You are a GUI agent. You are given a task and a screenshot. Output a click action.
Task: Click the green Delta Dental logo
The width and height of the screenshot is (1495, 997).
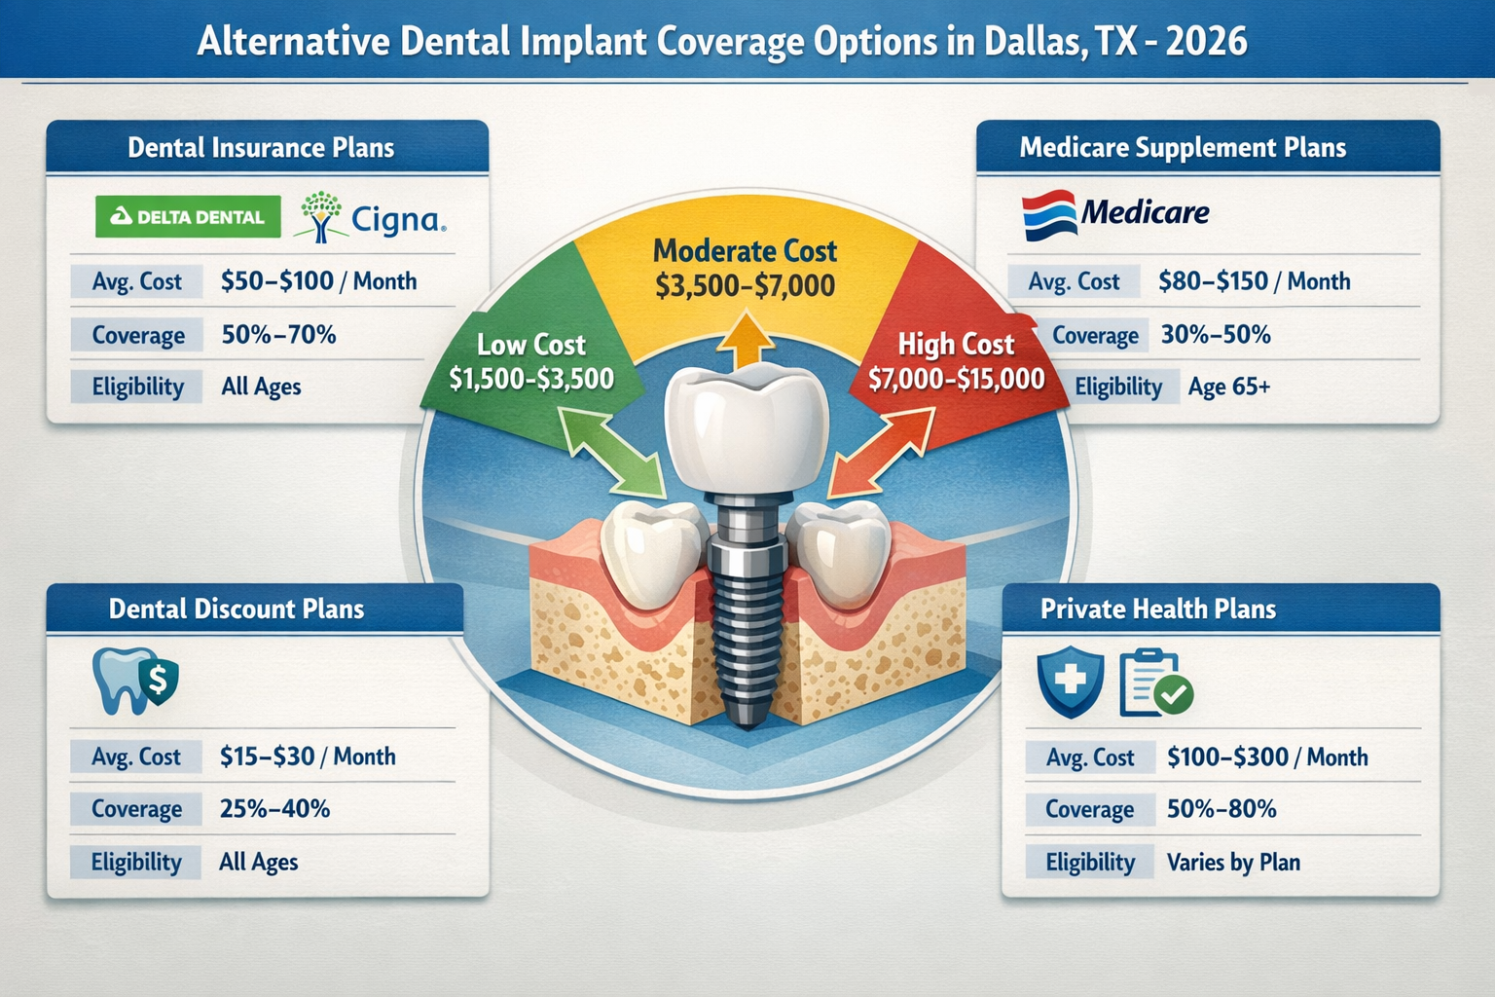click(x=188, y=217)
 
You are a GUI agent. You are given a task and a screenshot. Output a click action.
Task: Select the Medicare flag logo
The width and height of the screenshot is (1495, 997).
click(x=1049, y=213)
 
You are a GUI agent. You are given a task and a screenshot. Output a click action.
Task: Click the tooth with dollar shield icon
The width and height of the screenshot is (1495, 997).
click(x=134, y=681)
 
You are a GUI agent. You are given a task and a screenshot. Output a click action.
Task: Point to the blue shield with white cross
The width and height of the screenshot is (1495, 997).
click(x=1071, y=683)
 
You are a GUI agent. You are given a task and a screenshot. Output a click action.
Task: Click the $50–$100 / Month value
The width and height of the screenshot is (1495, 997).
click(x=318, y=281)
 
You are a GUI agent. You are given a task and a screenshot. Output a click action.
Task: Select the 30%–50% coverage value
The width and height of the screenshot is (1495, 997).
click(x=1216, y=335)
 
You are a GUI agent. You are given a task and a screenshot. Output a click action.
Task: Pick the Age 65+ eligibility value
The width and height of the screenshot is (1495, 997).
click(x=1228, y=387)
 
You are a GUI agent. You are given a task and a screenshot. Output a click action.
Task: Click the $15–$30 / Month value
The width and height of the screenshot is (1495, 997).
click(x=308, y=757)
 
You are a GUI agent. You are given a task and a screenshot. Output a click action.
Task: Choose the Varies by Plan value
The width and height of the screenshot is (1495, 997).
click(x=1233, y=862)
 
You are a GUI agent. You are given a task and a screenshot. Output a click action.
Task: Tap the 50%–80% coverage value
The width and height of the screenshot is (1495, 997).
click(x=1222, y=809)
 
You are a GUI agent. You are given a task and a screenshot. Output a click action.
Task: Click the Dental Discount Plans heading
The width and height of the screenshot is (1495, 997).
click(x=237, y=609)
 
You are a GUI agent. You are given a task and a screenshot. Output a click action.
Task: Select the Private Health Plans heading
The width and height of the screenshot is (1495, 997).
click(x=1158, y=609)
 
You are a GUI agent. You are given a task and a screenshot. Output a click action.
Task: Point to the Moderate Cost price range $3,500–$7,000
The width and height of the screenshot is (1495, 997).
click(x=745, y=286)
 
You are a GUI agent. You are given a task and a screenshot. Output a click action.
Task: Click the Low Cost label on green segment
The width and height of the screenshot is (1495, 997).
click(x=531, y=345)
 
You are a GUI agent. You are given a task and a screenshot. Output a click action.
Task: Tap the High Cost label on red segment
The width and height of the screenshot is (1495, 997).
click(x=956, y=345)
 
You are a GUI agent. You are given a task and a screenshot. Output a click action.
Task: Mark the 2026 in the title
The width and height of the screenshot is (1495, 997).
click(x=1206, y=41)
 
